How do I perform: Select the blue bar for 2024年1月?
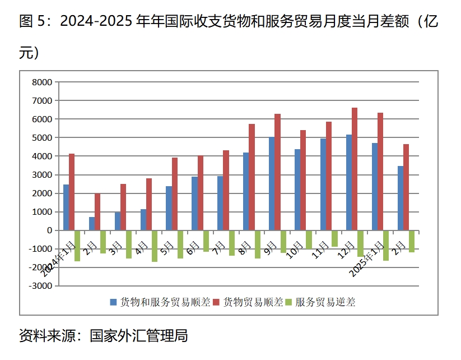pyautogui.click(x=66, y=207)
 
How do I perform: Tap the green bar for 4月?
pyautogui.click(x=155, y=246)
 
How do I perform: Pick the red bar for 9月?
pyautogui.click(x=277, y=172)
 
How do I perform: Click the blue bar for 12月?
pyautogui.click(x=348, y=182)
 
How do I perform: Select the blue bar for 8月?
pyautogui.click(x=245, y=191)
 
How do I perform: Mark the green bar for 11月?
pyautogui.click(x=334, y=238)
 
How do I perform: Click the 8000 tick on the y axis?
pyautogui.click(x=43, y=82)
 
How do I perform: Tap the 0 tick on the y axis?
pyautogui.click(x=49, y=230)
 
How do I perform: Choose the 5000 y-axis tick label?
pyautogui.click(x=43, y=138)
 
